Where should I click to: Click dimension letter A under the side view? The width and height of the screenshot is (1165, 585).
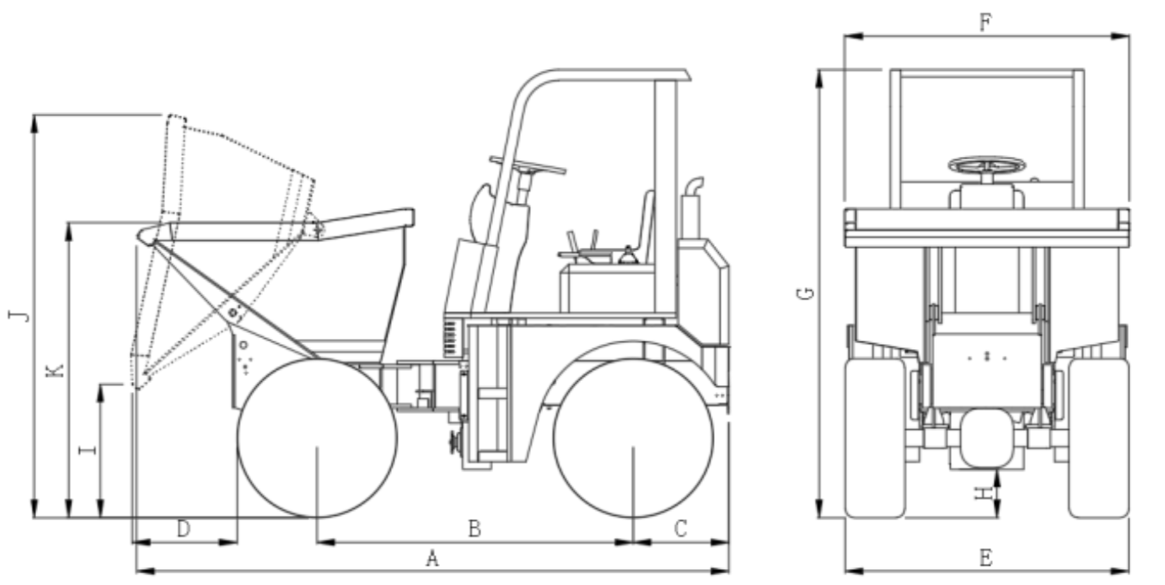pos(432,559)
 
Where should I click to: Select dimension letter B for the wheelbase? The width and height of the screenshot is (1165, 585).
pos(475,529)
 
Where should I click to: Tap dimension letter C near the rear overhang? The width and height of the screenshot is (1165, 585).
pos(681,529)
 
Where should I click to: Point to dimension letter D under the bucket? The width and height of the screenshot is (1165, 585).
pos(184,529)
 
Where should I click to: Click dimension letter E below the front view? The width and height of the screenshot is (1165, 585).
pos(986,559)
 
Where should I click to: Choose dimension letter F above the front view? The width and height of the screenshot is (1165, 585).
pos(986,23)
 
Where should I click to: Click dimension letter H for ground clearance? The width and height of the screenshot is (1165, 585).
pos(984,492)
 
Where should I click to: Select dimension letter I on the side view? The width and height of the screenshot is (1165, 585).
pos(88,449)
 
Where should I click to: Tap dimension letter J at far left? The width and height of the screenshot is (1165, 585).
pos(19,315)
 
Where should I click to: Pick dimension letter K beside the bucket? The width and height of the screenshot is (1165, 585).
pos(55,371)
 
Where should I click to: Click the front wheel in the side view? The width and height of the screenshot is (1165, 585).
pos(317,437)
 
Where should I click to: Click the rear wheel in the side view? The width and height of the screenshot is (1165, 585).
pos(633,437)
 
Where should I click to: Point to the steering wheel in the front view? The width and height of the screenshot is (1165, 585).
pos(987,166)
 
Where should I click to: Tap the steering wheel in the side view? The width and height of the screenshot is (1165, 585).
pos(528,165)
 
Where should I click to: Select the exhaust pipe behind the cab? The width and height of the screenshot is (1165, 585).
pos(692,208)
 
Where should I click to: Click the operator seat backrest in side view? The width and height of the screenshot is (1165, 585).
pos(647,227)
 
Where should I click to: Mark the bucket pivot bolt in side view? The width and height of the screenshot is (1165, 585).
pos(233,313)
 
